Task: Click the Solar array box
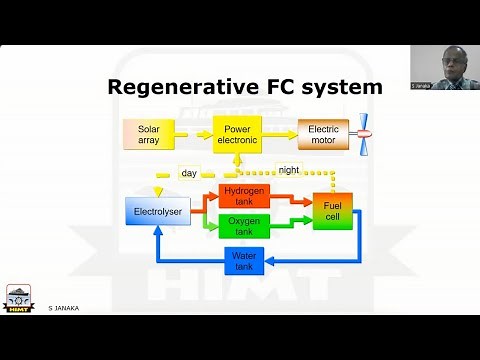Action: click(x=149, y=134)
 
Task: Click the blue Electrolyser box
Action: click(x=155, y=212)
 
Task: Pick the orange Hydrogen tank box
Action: click(x=245, y=196)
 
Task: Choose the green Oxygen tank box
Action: click(x=245, y=226)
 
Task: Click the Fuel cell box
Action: click(x=332, y=211)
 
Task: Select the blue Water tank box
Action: click(x=245, y=260)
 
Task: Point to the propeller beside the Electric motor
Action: click(x=365, y=133)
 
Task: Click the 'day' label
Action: click(x=189, y=172)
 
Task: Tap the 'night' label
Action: click(x=289, y=170)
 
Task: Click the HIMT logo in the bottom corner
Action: click(x=20, y=297)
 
